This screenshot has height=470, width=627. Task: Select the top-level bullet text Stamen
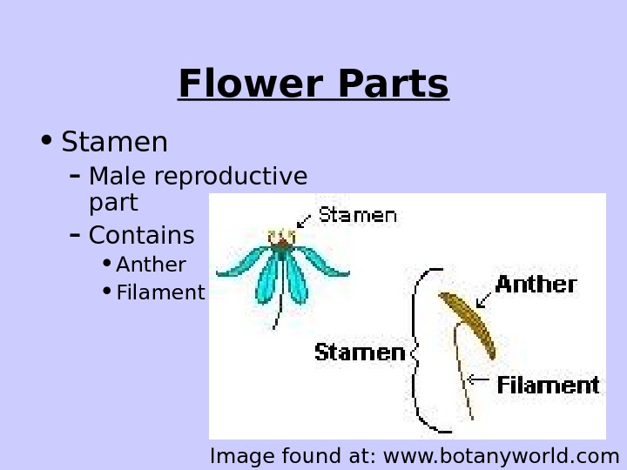[x=114, y=142]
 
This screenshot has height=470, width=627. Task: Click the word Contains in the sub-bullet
[x=141, y=235]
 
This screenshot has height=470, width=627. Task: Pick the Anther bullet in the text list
[x=151, y=265]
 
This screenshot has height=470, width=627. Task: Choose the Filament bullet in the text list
[x=160, y=292]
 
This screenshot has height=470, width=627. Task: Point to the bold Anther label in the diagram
[x=536, y=285]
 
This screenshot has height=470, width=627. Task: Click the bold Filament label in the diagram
[x=548, y=385]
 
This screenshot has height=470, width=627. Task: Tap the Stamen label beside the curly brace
[x=360, y=352]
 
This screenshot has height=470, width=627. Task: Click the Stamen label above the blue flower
[x=357, y=215]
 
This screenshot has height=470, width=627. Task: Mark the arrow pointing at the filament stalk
[x=478, y=379]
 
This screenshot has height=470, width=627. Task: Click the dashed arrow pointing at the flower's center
[x=304, y=221]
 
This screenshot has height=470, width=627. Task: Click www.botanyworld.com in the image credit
[x=501, y=455]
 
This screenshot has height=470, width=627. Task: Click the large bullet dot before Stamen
[x=46, y=140]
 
